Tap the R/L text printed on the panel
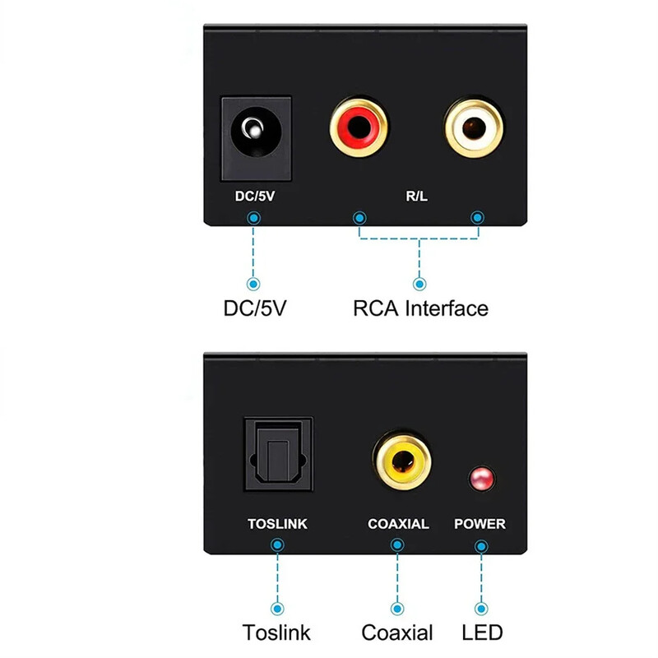click(418, 197)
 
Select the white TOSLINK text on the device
click(277, 524)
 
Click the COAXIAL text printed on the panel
click(398, 524)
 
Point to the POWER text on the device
click(480, 524)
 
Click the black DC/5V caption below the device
click(255, 308)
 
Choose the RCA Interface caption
click(420, 308)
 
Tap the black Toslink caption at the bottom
click(277, 633)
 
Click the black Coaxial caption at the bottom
click(397, 633)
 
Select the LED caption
click(481, 633)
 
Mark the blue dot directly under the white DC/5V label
click(254, 217)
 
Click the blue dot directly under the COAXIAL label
click(398, 544)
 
